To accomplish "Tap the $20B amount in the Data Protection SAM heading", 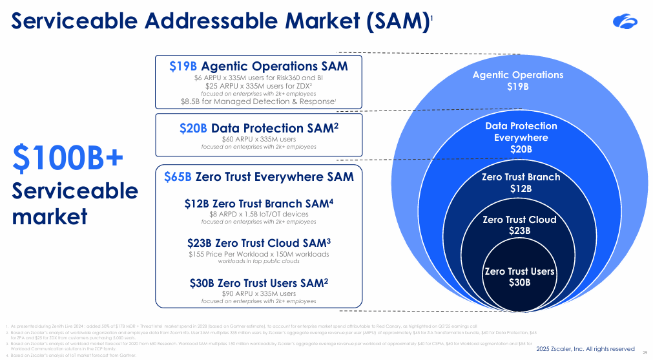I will pyautogui.click(x=193, y=128).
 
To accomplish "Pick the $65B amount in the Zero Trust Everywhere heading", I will pyautogui.click(x=178, y=176).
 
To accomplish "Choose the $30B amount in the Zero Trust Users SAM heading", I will pyautogui.click(x=202, y=283).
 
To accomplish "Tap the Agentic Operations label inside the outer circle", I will pyautogui.click(x=517, y=75).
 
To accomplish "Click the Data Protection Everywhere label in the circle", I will pyautogui.click(x=521, y=132).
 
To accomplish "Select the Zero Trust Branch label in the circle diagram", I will pyautogui.click(x=521, y=177).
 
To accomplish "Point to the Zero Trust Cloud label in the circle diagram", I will pyautogui.click(x=519, y=220).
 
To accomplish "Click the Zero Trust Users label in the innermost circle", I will pyautogui.click(x=519, y=271).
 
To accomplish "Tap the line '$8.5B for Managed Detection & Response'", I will pyautogui.click(x=258, y=101).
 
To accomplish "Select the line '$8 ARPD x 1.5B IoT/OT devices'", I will pyautogui.click(x=258, y=214).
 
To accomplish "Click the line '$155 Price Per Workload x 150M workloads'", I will pyautogui.click(x=258, y=254).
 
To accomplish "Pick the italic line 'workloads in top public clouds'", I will pyautogui.click(x=258, y=262).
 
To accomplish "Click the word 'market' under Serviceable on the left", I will pyautogui.click(x=50, y=216).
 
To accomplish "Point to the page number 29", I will pyautogui.click(x=645, y=352).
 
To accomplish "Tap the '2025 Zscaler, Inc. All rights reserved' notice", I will pyautogui.click(x=586, y=349).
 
